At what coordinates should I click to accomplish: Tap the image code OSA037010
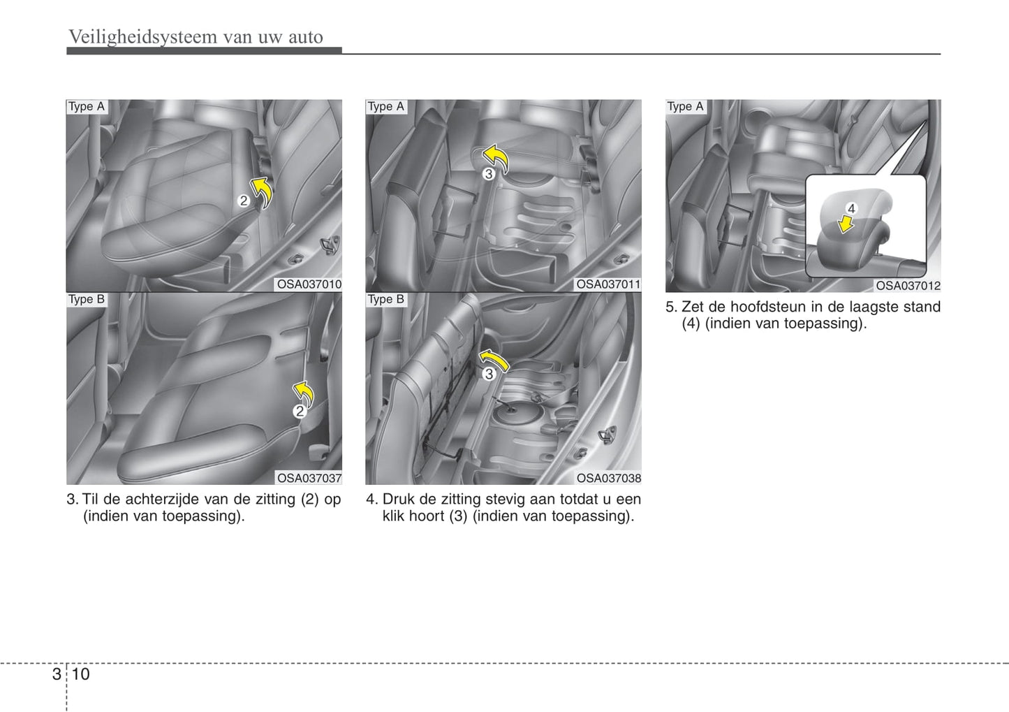(x=309, y=284)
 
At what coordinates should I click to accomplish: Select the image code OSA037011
(x=609, y=284)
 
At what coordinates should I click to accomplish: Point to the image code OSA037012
(x=908, y=286)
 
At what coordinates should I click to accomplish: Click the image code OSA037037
(x=309, y=478)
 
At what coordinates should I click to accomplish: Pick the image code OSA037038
(x=609, y=478)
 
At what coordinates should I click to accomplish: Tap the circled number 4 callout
(x=851, y=209)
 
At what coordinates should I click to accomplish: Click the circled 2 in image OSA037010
(x=244, y=201)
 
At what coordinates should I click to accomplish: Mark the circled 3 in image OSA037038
(x=489, y=374)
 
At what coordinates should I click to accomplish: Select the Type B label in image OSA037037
(x=87, y=299)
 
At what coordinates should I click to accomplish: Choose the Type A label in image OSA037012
(x=685, y=107)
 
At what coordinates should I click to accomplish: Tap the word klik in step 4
(x=393, y=516)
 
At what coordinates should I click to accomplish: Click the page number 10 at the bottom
(x=80, y=674)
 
